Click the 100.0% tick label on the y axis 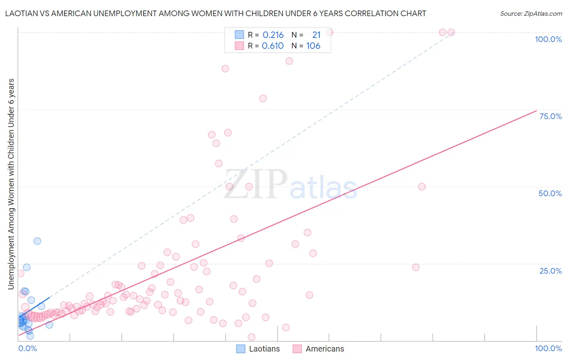(x=548, y=39)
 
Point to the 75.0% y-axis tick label (x=550, y=116)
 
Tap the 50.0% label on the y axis (x=550, y=193)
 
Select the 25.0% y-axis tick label (x=550, y=270)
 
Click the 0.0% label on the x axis (x=27, y=348)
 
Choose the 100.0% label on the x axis (x=548, y=348)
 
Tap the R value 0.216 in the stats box (x=273, y=35)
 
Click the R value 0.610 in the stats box (x=273, y=46)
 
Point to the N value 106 (x=313, y=46)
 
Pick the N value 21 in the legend (x=316, y=35)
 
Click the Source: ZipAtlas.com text (x=531, y=14)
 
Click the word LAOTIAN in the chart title (x=22, y=14)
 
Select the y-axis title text (x=11, y=184)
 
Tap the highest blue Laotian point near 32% (x=37, y=241)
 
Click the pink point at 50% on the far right (x=422, y=186)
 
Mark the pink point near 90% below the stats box (x=289, y=61)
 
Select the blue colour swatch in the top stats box (x=240, y=35)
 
